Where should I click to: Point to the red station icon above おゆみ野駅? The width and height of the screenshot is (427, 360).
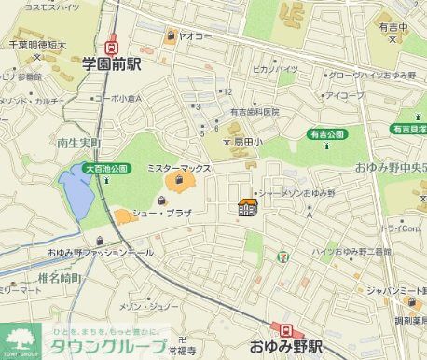[x=281, y=328]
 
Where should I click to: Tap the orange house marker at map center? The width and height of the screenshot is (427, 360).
[x=248, y=207]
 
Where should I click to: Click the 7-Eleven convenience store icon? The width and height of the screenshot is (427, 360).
[x=282, y=254]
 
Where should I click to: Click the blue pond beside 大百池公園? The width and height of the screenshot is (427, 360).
[x=76, y=192]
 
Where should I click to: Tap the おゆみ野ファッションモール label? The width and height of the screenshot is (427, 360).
[x=99, y=253]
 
